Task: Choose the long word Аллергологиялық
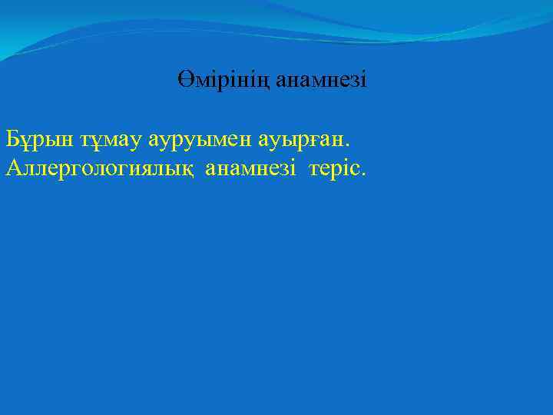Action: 100,168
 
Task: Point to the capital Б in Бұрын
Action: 12,139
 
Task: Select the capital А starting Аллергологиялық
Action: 12,167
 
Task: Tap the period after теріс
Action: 363,174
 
